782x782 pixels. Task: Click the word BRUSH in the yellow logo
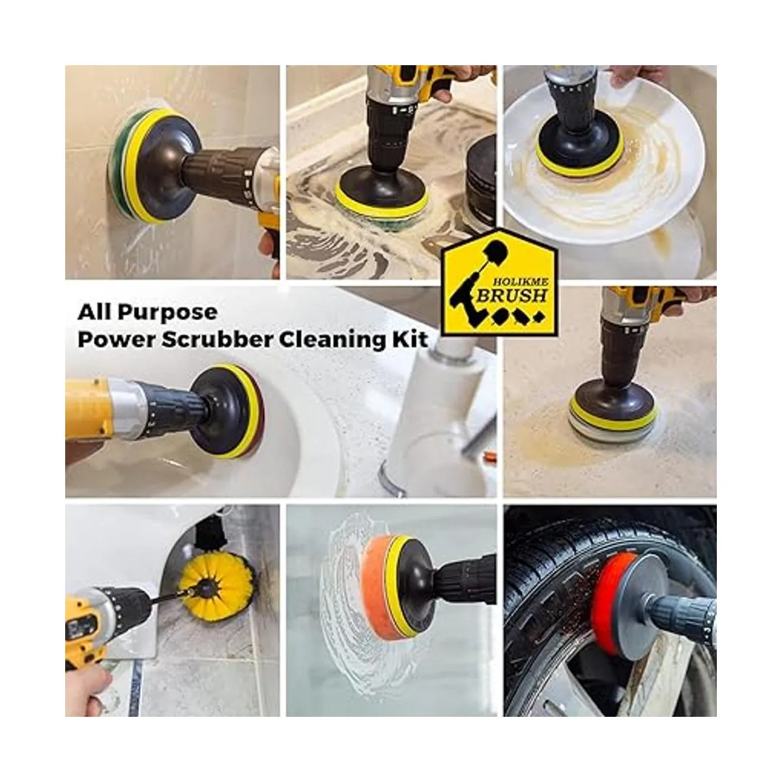click(x=513, y=296)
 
